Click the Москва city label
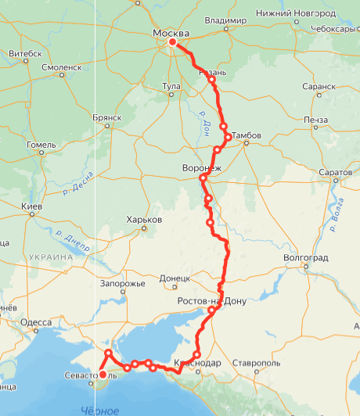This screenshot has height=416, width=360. (x=170, y=33)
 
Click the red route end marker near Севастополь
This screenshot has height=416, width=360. (x=103, y=375)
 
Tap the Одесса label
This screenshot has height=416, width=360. (x=37, y=322)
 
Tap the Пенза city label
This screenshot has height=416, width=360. (x=316, y=120)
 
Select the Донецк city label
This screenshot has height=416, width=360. (x=175, y=277)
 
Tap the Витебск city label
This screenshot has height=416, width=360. (x=24, y=53)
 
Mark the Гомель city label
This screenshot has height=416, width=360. (x=40, y=145)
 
